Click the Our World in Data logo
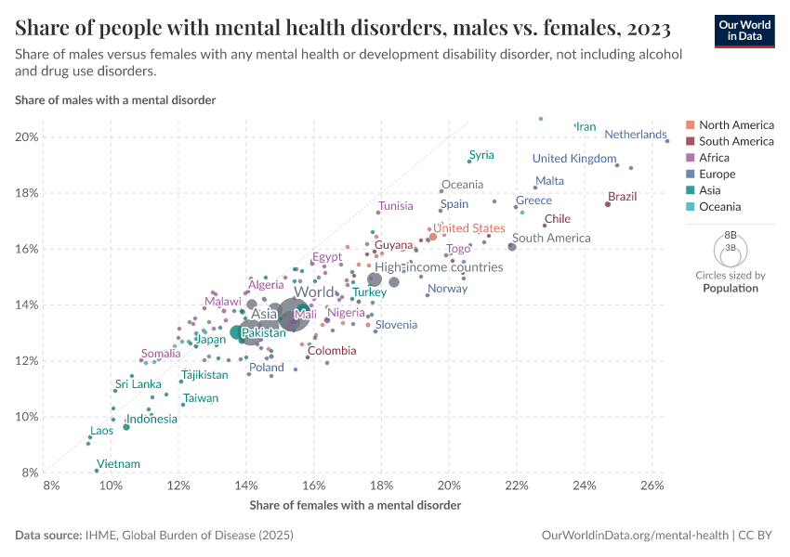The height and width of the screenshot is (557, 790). coord(744,30)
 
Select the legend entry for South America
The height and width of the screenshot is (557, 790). coord(735,141)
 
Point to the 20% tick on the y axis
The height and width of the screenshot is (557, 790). coord(26,137)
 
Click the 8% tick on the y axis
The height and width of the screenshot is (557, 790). coord(30,473)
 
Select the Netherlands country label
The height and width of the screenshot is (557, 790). coord(636,135)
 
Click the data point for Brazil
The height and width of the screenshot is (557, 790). coord(608,204)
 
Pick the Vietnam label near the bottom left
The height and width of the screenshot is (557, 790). coord(118,464)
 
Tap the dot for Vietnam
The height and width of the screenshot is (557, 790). coord(97,471)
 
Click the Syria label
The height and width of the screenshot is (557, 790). coord(481,155)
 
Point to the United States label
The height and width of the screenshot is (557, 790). coord(469,228)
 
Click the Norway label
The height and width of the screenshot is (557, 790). coord(447,289)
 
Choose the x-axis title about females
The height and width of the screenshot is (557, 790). coord(355,505)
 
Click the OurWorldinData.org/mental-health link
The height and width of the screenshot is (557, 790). coord(635,536)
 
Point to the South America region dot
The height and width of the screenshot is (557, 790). coord(512,246)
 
